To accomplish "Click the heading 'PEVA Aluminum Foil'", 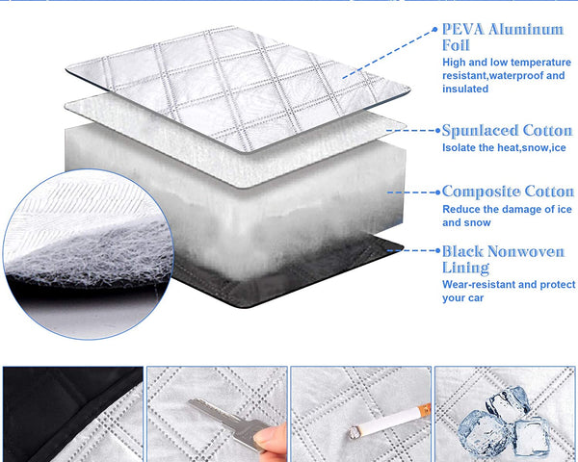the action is [503, 38].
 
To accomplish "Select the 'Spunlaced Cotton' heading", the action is [508, 131].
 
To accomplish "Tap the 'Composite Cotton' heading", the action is [508, 192].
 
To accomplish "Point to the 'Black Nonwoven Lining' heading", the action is [503, 260].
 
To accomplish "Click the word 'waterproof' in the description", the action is [511, 75].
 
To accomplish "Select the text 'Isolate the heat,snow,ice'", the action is [504, 147].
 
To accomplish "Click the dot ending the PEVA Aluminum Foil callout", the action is [435, 29].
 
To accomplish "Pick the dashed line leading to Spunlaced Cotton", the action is [411, 130].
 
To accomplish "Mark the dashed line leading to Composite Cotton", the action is [411, 192].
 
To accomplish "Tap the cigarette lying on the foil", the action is [390, 422].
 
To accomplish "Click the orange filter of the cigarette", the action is [425, 409].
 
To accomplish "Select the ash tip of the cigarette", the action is [355, 432].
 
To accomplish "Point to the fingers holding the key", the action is [272, 438].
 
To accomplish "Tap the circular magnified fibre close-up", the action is [89, 254].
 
